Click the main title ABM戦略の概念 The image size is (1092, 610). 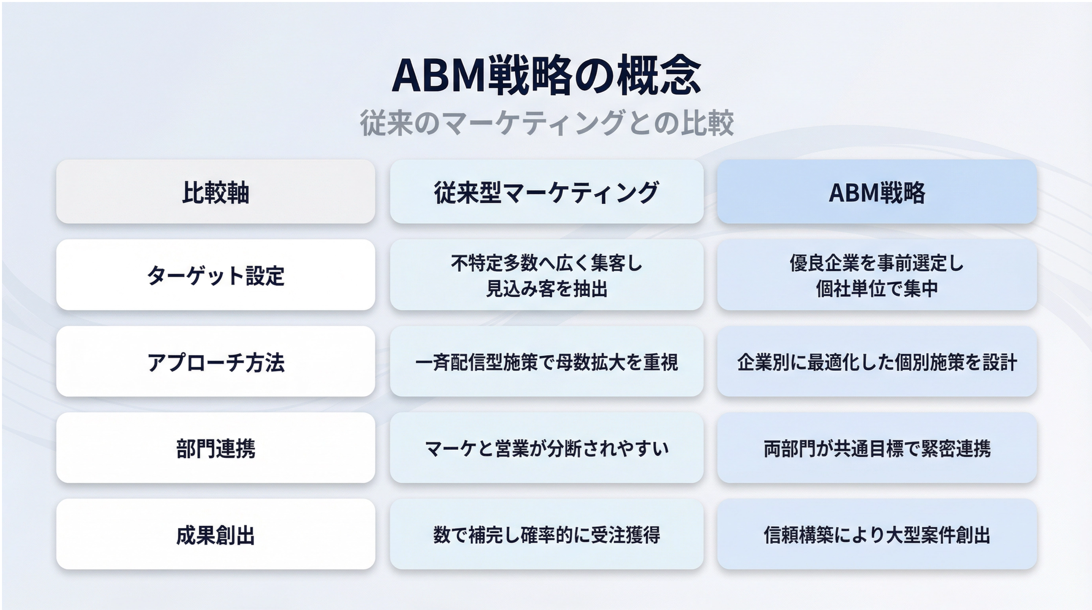(x=546, y=75)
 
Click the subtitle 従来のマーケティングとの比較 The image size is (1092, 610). (x=546, y=123)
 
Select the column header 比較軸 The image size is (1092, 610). (x=216, y=192)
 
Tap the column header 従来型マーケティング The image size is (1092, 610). (x=546, y=192)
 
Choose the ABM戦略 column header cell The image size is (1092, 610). (x=877, y=192)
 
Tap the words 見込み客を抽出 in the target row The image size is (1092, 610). (x=546, y=289)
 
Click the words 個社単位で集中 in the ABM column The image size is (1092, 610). (x=877, y=289)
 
